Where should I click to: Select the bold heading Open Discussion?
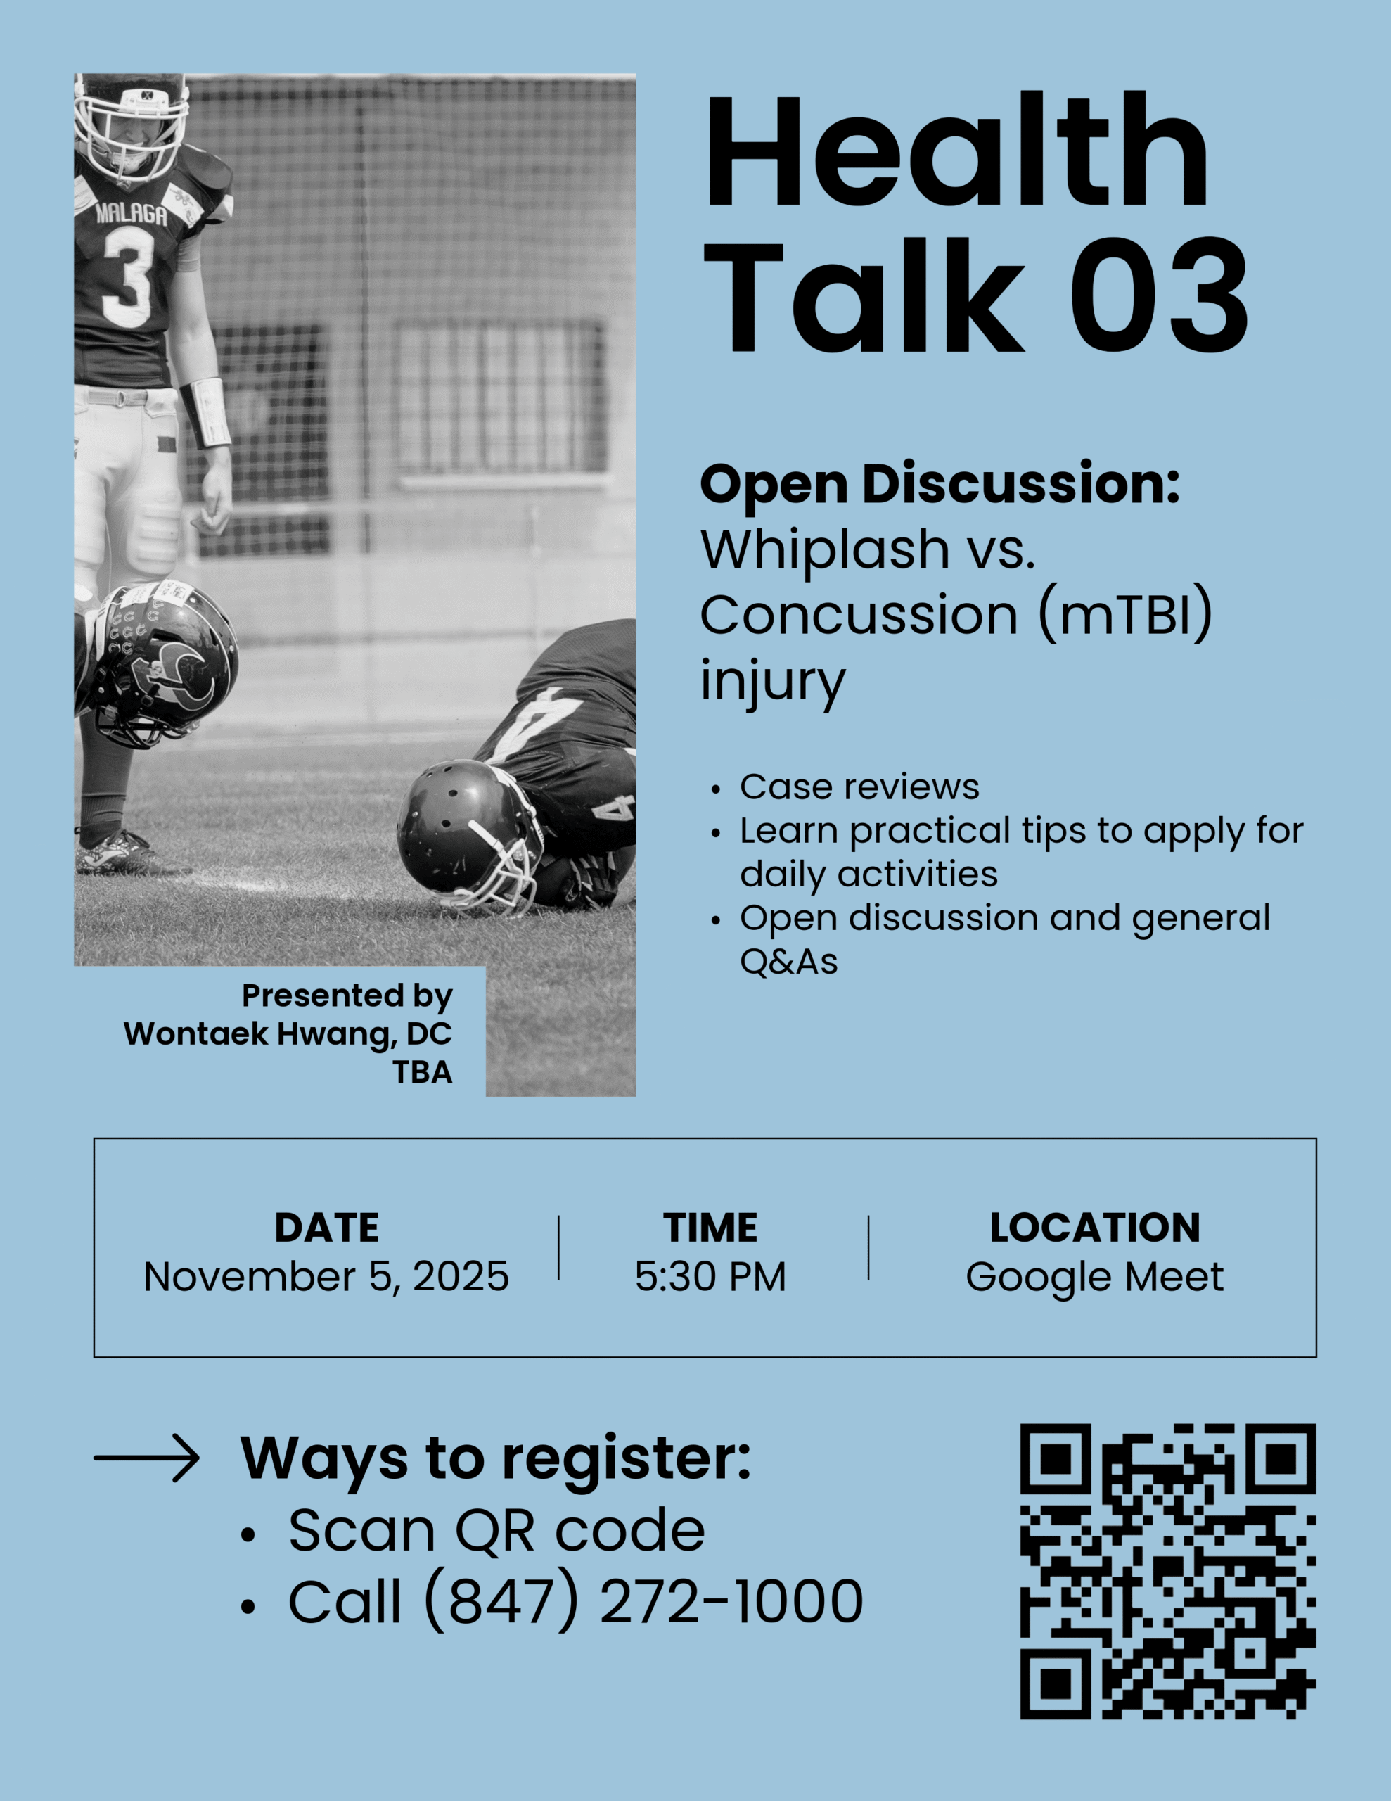tap(940, 484)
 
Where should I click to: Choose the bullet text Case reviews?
tap(859, 787)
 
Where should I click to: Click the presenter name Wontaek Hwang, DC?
tap(288, 1034)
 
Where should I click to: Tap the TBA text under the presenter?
tap(422, 1072)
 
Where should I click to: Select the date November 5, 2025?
tap(326, 1277)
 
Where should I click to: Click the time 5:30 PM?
tap(710, 1277)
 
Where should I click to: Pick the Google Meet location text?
tap(1094, 1278)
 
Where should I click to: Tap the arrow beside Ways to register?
tap(146, 1458)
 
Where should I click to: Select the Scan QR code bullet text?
tap(496, 1531)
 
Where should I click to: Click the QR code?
tap(1167, 1571)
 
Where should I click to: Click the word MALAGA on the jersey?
tap(131, 215)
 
